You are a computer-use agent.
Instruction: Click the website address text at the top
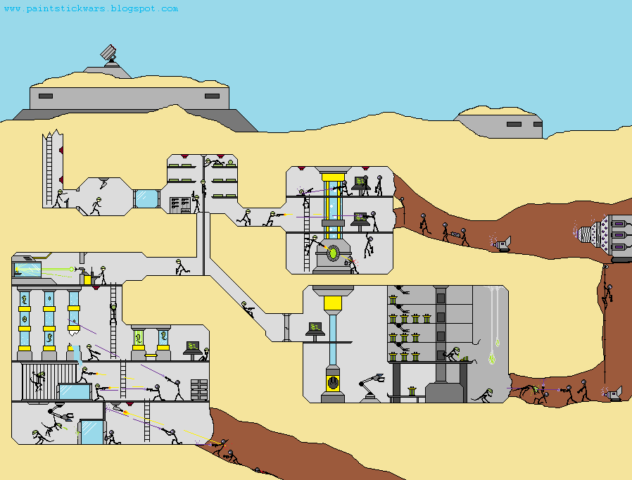91,8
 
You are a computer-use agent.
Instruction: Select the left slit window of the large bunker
46,96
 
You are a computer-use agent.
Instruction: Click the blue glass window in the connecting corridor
146,198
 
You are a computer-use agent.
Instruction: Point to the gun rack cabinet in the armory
179,205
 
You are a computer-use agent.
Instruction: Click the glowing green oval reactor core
334,253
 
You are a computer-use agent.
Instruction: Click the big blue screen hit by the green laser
27,270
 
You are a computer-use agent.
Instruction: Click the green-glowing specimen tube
139,340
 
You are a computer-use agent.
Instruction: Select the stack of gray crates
199,389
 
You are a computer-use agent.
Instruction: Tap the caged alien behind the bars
39,381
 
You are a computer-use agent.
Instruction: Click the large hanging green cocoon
492,358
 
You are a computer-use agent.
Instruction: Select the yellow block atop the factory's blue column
333,303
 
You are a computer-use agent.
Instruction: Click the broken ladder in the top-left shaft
49,169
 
